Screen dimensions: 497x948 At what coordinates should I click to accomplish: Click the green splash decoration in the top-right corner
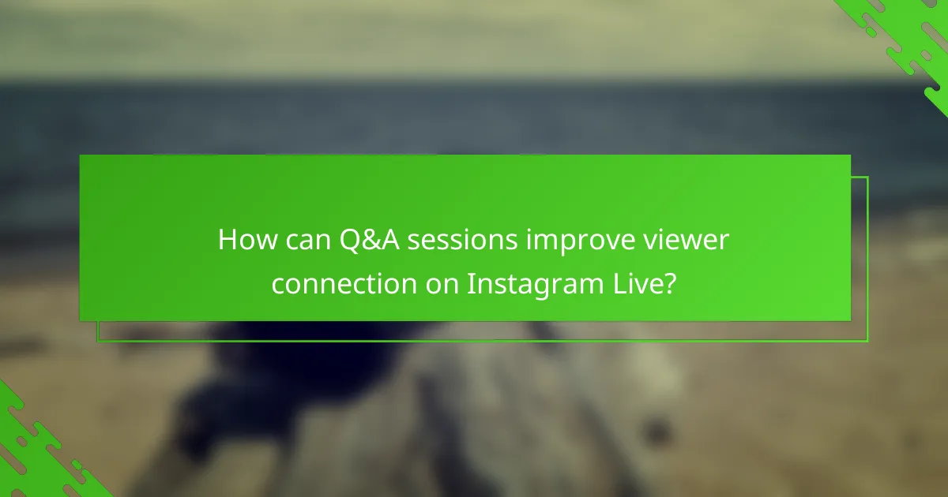pyautogui.click(x=908, y=39)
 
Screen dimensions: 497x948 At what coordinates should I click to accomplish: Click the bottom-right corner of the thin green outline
pyautogui.click(x=867, y=342)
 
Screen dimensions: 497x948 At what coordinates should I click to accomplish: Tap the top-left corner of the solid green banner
pyautogui.click(x=81, y=155)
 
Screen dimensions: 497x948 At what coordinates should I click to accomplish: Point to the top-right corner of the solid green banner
pyautogui.click(x=850, y=155)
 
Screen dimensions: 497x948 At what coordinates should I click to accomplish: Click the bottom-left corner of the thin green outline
pyautogui.click(x=98, y=342)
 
